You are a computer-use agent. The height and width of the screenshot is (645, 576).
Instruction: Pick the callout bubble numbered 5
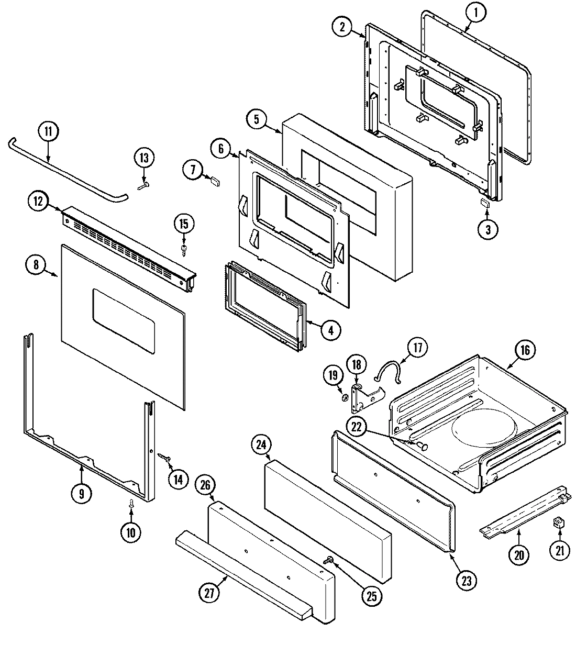point(257,119)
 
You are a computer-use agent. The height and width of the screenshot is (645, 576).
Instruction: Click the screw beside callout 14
point(164,458)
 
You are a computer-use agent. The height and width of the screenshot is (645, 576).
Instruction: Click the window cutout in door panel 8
point(124,318)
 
